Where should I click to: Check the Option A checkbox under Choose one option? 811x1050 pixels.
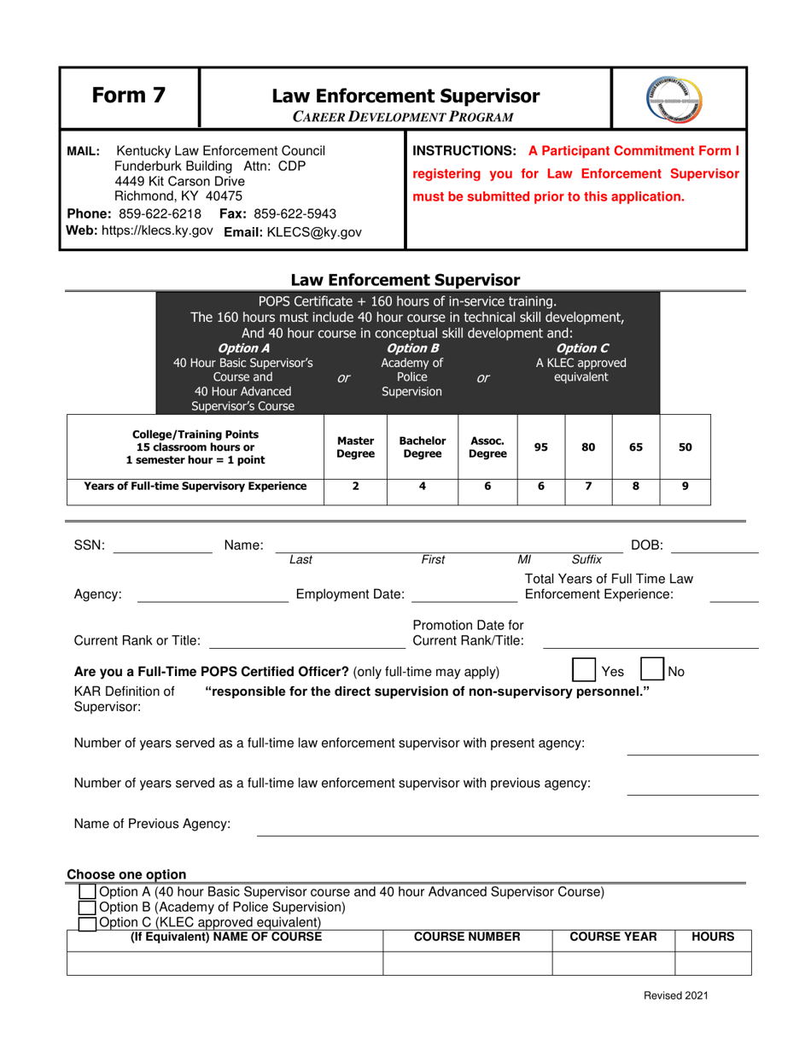coord(87,892)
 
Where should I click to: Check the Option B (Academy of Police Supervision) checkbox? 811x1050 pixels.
coord(87,907)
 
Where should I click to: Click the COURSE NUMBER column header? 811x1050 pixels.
coord(467,936)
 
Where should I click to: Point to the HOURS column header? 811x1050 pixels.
coord(713,936)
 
